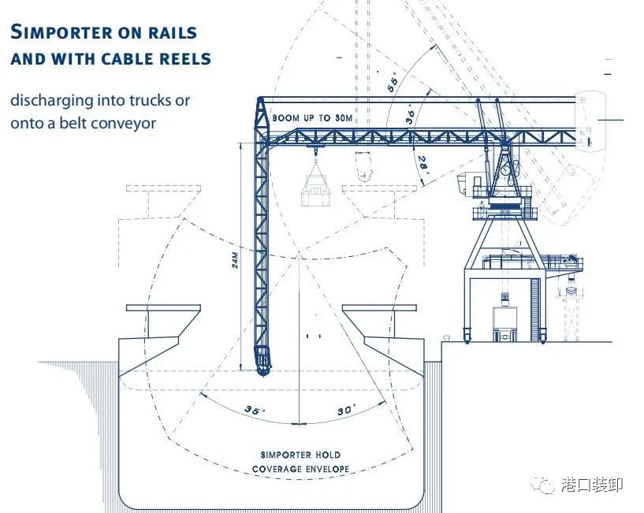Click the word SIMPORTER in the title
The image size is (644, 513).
(61, 32)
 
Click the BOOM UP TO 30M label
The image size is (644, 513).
(313, 118)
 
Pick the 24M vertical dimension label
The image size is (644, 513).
(235, 260)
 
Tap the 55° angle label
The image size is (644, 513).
(393, 84)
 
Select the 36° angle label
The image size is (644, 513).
(411, 114)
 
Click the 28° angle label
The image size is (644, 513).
(423, 165)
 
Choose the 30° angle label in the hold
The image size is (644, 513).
(346, 410)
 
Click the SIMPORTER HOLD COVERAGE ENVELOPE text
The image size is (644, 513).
(300, 462)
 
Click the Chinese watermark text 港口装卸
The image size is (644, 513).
(592, 485)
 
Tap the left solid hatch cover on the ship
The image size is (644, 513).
(163, 307)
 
